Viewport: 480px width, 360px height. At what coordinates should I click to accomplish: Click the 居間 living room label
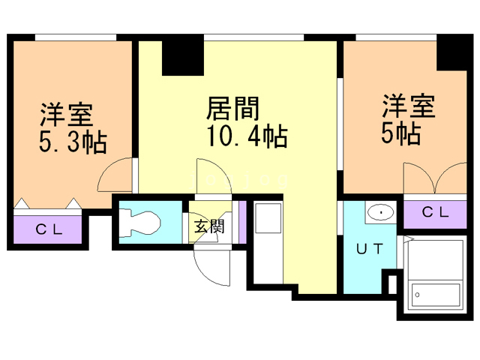(x=232, y=110)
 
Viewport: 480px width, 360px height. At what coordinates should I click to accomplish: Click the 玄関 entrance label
(x=210, y=226)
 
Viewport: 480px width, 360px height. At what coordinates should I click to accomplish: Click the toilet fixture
(x=141, y=222)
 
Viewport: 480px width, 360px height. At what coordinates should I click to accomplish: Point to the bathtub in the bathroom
(x=435, y=297)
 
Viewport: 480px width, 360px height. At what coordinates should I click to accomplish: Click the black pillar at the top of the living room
(x=182, y=56)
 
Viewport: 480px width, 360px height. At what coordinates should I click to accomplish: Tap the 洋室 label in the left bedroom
(x=66, y=115)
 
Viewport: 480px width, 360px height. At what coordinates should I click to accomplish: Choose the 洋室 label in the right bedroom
(x=409, y=106)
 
